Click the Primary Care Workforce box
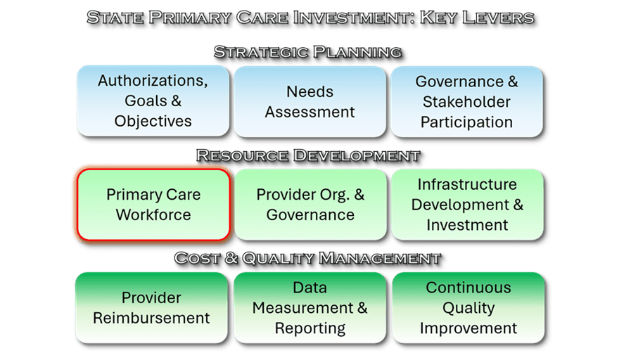[153, 205]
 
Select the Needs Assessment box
[310, 102]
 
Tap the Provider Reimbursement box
[151, 308]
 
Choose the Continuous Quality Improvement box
[469, 308]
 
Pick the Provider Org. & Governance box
[310, 205]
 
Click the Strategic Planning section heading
[308, 52]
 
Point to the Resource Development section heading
[308, 155]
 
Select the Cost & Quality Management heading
[308, 258]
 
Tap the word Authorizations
[153, 81]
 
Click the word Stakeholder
[467, 102]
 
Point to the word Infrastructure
[467, 184]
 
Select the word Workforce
[153, 214]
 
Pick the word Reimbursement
[151, 319]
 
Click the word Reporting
[310, 328]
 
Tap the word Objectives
[153, 122]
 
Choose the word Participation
[467, 122]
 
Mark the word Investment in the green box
[467, 225]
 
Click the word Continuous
[469, 288]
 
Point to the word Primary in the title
[190, 18]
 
